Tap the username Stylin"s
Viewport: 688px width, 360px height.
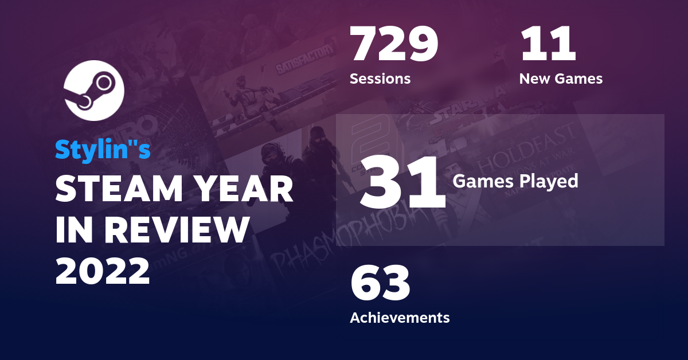[x=103, y=149]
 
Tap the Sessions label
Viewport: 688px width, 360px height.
[x=380, y=79]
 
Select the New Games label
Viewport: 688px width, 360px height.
[x=561, y=79]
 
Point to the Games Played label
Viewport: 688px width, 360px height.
[x=515, y=181]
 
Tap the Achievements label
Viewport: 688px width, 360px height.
[x=400, y=317]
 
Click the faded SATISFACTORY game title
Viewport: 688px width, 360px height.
[x=304, y=60]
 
